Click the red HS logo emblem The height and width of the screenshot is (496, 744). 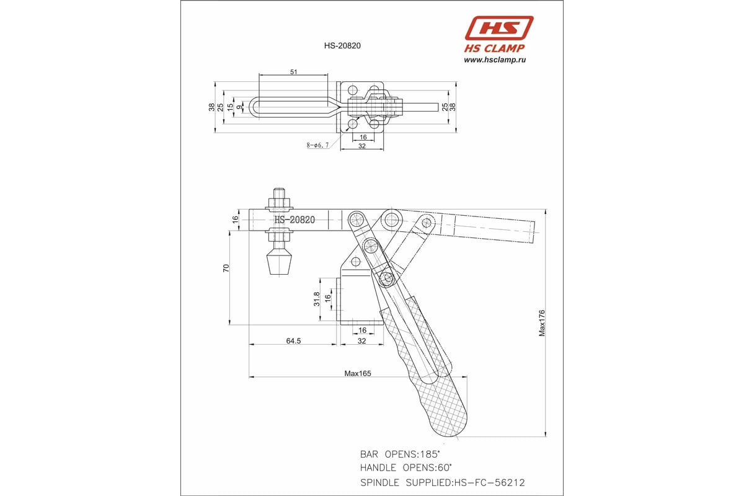pos(499,29)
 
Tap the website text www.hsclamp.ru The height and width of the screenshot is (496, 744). pos(495,60)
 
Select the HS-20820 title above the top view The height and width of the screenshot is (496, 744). pos(343,45)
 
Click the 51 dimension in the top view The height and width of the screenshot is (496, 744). pos(293,72)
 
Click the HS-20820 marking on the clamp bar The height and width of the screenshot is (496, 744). pos(294,219)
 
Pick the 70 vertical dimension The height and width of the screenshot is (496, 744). pos(227,268)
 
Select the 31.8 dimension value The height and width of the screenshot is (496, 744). pos(317,299)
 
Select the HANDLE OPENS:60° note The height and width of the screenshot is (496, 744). pos(405,467)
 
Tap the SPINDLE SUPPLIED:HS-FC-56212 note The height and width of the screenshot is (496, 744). pos(443,482)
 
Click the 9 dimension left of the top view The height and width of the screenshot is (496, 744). pos(240,107)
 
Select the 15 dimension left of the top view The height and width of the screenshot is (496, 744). pos(230,107)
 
